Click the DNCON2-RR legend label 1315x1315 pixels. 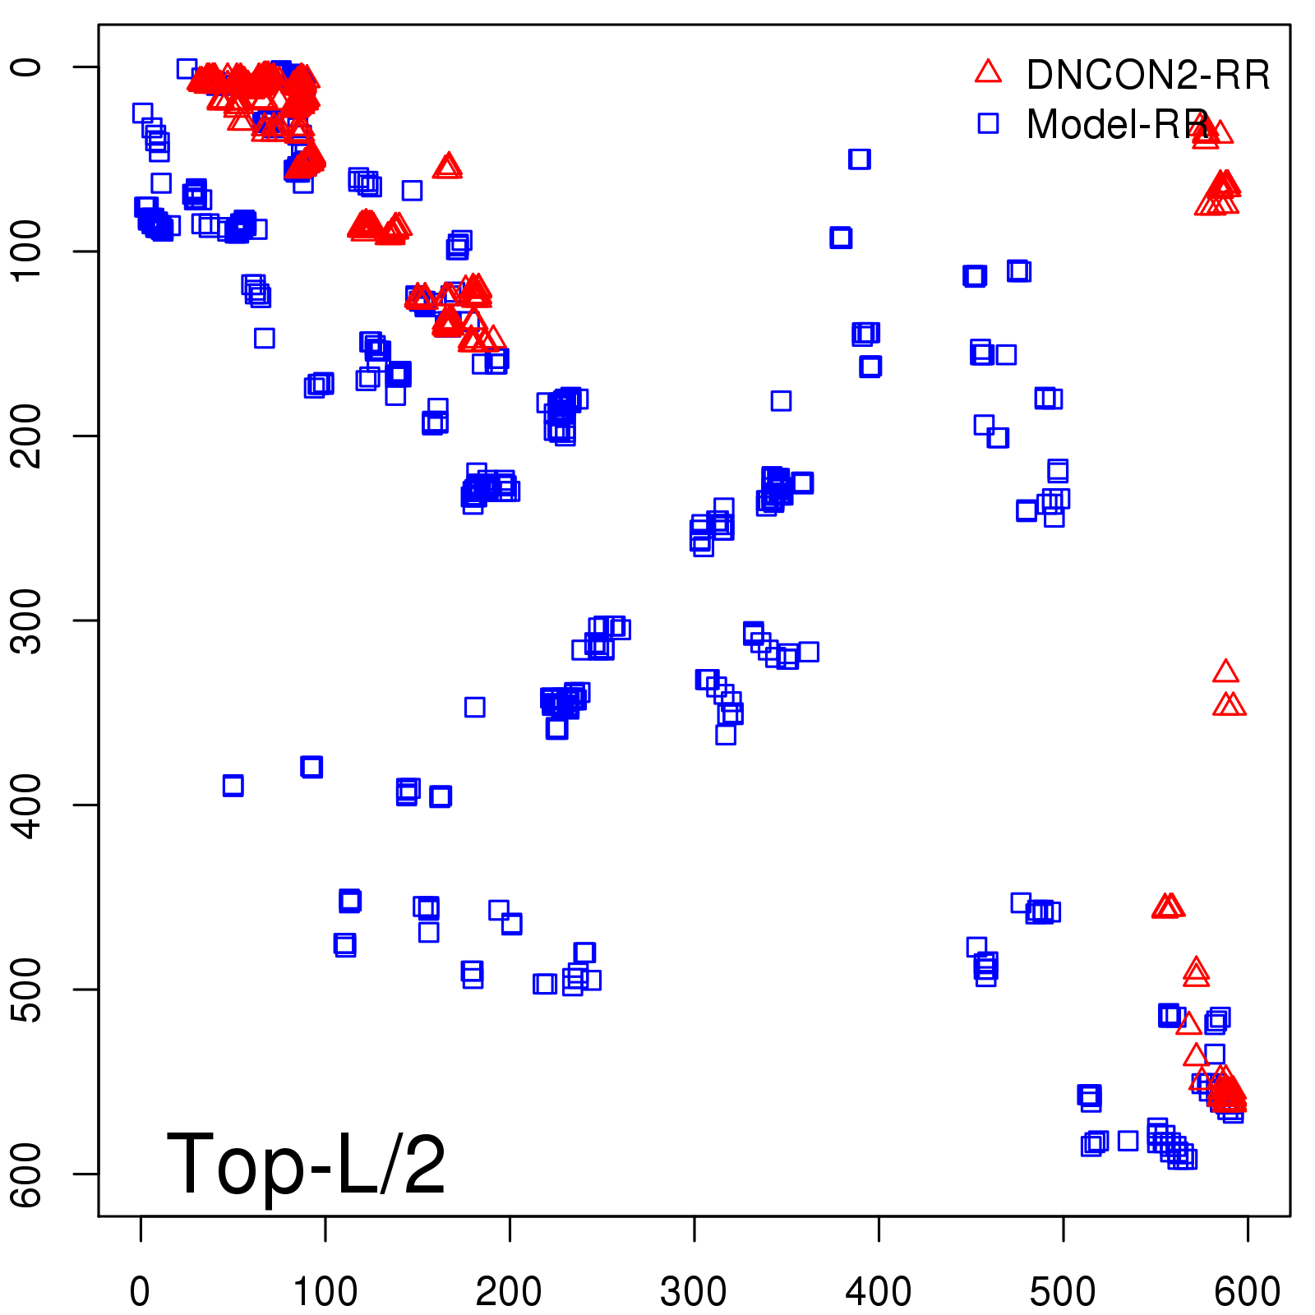click(x=1147, y=76)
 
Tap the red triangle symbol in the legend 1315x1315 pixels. click(x=988, y=72)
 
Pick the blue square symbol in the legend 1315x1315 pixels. click(x=988, y=123)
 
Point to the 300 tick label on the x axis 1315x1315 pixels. click(x=694, y=1291)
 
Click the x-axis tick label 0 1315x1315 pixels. click(x=141, y=1291)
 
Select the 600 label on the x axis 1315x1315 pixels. click(x=1247, y=1291)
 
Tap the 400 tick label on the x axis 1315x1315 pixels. click(x=879, y=1291)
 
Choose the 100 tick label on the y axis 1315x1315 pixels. click(x=28, y=251)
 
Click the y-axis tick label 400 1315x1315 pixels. click(x=28, y=805)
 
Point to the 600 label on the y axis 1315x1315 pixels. click(x=28, y=1174)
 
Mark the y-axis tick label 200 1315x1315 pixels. click(x=28, y=436)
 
